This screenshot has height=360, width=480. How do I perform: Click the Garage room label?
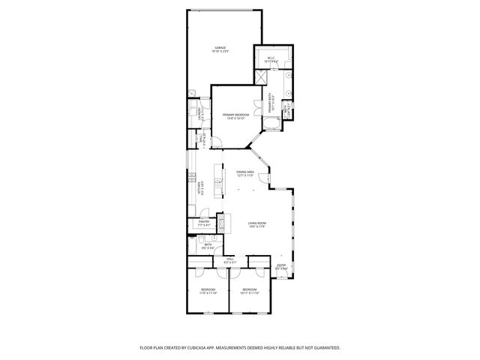(220, 49)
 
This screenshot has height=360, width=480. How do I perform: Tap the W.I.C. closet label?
(271, 59)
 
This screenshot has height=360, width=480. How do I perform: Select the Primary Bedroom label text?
(235, 115)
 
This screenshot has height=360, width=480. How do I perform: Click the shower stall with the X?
(262, 76)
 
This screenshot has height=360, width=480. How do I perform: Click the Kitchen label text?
(199, 190)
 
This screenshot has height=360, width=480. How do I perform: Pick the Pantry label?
(204, 222)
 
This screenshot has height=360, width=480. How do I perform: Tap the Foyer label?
(281, 265)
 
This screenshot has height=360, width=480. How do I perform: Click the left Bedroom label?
(208, 291)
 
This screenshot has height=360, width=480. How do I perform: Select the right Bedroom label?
(249, 291)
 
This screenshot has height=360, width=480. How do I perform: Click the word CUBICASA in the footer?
(216, 348)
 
